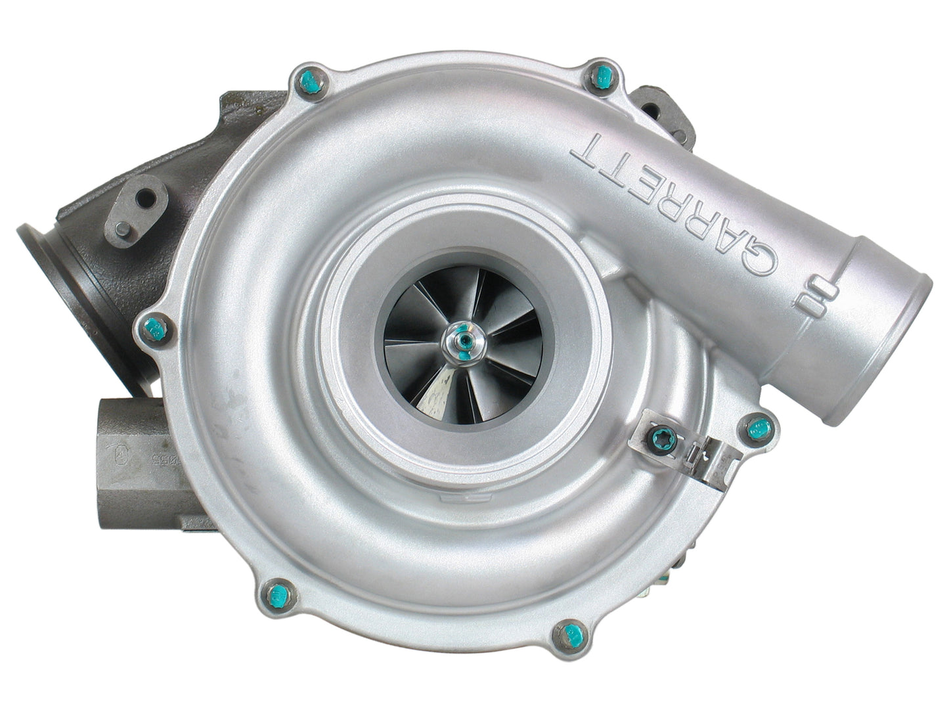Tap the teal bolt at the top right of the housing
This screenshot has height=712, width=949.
coord(600,79)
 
